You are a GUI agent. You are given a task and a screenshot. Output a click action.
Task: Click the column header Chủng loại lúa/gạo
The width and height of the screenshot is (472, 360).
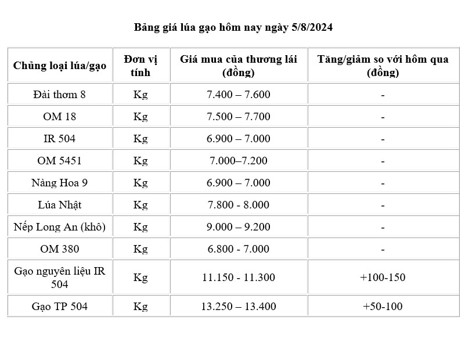click(x=60, y=66)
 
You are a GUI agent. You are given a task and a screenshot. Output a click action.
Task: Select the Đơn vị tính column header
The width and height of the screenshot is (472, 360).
click(x=140, y=66)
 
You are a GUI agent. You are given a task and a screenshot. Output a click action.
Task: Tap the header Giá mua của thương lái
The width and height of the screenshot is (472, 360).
click(x=239, y=66)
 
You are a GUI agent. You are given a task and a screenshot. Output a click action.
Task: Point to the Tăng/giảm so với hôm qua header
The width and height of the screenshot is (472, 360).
click(x=383, y=66)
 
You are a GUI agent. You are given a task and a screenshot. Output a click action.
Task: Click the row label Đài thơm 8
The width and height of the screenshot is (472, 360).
click(x=60, y=94)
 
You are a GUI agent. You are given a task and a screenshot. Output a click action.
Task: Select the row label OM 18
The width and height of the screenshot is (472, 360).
click(x=60, y=117)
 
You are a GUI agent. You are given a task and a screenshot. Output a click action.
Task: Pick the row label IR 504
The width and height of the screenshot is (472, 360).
click(x=60, y=139)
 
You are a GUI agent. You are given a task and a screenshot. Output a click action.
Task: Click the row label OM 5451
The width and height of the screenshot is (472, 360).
click(x=60, y=161)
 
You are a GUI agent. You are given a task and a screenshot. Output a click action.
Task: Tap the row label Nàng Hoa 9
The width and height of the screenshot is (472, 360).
click(x=60, y=183)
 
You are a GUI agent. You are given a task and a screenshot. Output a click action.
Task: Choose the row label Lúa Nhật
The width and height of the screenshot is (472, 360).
click(x=60, y=205)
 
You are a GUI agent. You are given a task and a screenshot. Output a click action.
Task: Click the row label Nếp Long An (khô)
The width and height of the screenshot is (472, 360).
click(x=60, y=227)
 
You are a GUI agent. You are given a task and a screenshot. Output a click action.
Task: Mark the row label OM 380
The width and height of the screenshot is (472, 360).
click(x=60, y=249)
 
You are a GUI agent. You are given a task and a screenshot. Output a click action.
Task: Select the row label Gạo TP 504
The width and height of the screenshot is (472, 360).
click(x=60, y=306)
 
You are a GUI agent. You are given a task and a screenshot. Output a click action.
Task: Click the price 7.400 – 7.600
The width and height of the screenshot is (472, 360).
click(x=239, y=94)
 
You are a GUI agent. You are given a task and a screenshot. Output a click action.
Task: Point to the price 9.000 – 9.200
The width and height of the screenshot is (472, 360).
click(x=239, y=227)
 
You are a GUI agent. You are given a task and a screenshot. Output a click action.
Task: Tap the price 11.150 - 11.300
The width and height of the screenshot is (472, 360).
click(x=239, y=277)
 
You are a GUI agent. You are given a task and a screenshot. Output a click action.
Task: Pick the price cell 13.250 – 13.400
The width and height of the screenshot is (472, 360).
click(x=239, y=306)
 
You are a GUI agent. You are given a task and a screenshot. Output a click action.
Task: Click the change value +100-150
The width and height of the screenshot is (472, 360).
click(x=383, y=277)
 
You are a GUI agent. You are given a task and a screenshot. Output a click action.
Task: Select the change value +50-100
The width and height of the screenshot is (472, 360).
click(x=383, y=306)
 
